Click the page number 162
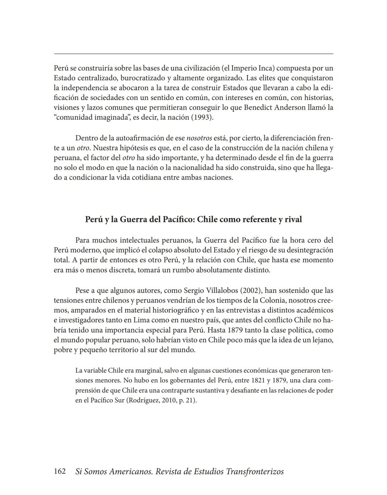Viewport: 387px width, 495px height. [59, 471]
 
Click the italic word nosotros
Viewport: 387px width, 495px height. [199, 138]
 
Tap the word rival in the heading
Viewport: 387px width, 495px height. [293, 219]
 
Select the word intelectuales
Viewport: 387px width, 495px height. [139, 240]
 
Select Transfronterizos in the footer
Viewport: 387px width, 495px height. [255, 471]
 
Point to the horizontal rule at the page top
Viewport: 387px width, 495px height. [193, 54]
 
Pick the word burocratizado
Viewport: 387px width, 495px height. [143, 78]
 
